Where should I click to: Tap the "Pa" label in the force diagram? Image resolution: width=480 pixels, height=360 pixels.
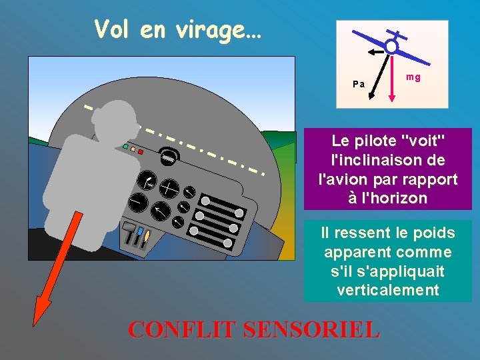coord(359,84)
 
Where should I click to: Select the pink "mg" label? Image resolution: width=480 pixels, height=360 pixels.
coord(413,77)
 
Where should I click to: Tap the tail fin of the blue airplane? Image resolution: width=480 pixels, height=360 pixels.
coord(397,34)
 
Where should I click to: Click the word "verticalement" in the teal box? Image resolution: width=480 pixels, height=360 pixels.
coord(388,290)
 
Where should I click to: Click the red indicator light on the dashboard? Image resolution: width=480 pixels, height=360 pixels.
coord(141,151)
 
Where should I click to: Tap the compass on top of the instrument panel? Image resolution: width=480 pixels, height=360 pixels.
coord(169,157)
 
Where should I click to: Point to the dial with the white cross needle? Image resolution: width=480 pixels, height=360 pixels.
coord(169,189)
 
